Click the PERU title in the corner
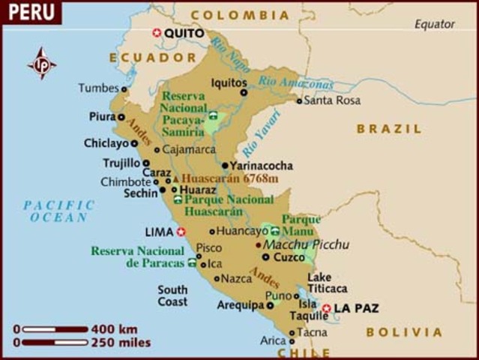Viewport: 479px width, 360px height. pyautogui.click(x=29, y=13)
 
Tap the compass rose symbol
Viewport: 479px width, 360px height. pyautogui.click(x=42, y=63)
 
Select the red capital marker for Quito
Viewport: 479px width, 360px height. pyautogui.click(x=157, y=33)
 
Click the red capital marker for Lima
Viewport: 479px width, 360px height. pyautogui.click(x=181, y=232)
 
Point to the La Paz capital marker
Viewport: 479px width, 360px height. pyautogui.click(x=326, y=307)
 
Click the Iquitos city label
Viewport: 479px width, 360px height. pyautogui.click(x=229, y=82)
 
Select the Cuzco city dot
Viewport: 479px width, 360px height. pyautogui.click(x=266, y=256)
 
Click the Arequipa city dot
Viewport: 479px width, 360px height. pyautogui.click(x=270, y=305)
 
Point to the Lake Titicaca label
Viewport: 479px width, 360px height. pyautogui.click(x=327, y=282)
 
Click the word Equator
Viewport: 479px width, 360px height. pyautogui.click(x=435, y=24)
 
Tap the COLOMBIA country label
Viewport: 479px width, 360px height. pyautogui.click(x=239, y=15)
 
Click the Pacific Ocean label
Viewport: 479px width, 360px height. pyautogui.click(x=59, y=211)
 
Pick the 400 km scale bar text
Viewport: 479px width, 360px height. pyautogui.click(x=114, y=328)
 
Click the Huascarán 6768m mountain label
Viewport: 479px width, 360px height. pyautogui.click(x=229, y=178)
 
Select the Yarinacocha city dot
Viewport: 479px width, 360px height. pyautogui.click(x=225, y=166)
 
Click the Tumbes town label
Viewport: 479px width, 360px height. pyautogui.click(x=98, y=88)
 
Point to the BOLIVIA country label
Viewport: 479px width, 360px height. pyautogui.click(x=404, y=331)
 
